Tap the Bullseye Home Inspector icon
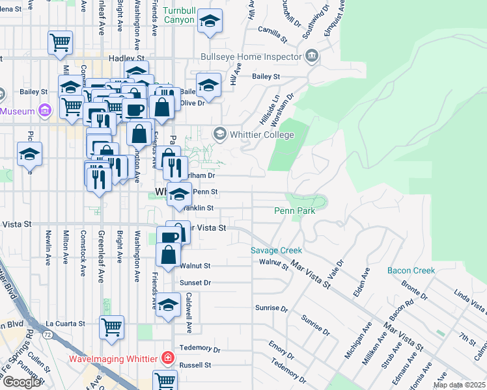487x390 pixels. pos(312,57)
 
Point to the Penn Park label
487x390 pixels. pos(294,211)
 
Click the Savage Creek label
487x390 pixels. pos(277,250)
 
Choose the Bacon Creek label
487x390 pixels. pos(410,270)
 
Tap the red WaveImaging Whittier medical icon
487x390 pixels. pos(168,358)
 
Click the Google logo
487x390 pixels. pos(21,382)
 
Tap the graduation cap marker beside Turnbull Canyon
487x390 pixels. pos(210,23)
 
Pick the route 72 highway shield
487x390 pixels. pos(48,333)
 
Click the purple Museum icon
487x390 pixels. pos(44,111)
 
